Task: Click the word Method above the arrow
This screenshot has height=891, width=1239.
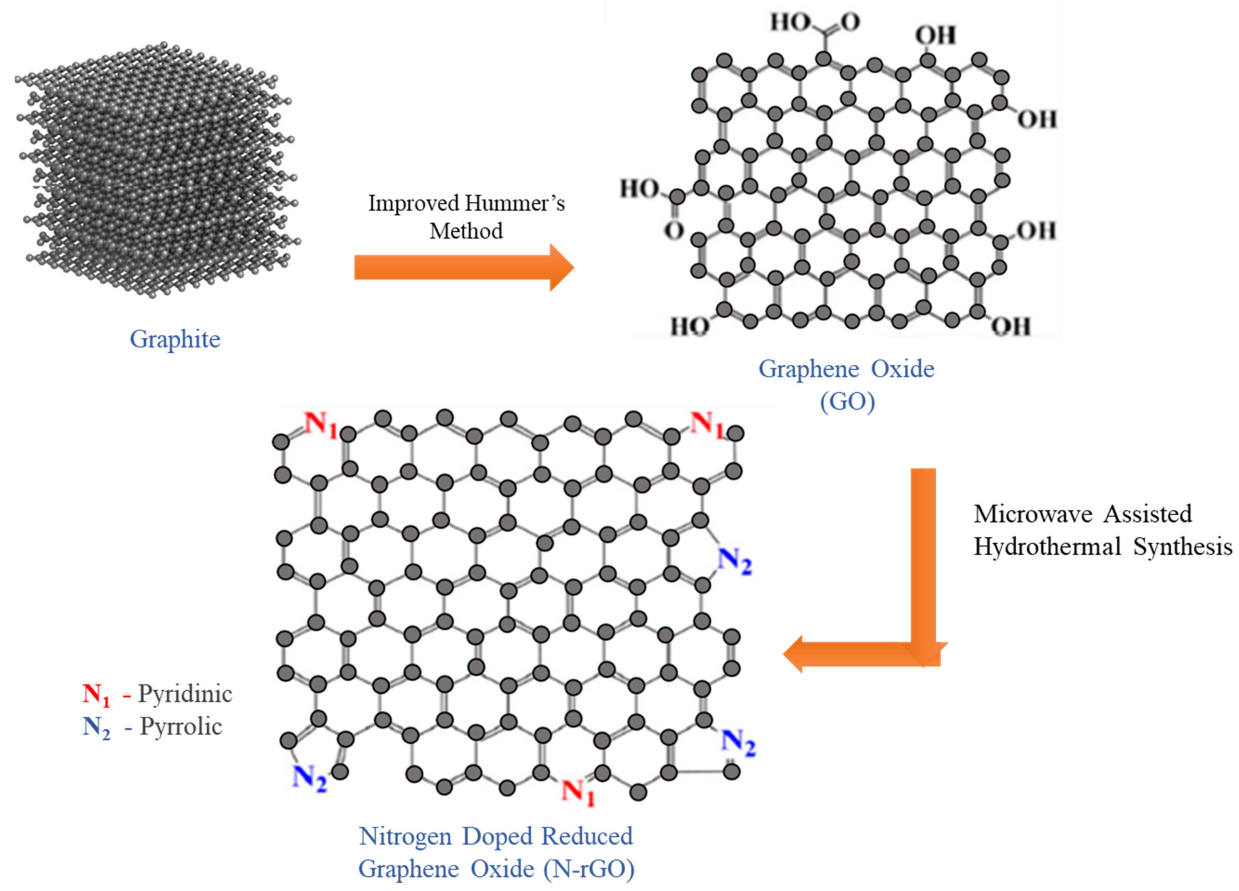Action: (x=466, y=231)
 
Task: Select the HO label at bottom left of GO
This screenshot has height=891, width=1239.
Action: (x=689, y=327)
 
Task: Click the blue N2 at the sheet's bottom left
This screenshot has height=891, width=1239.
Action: (x=309, y=778)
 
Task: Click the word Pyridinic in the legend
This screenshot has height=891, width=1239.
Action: (x=185, y=694)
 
